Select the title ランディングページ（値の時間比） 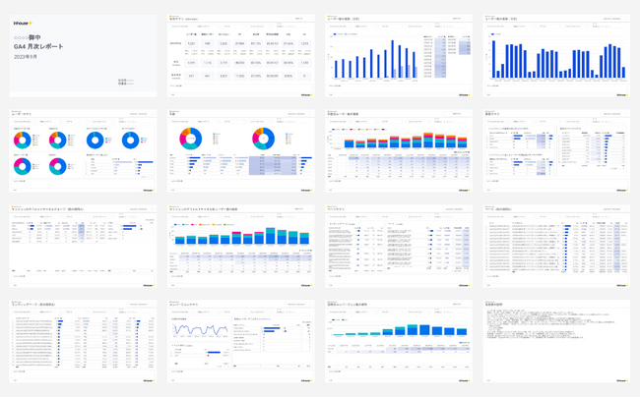click(x=33, y=305)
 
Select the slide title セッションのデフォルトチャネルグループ click(x=44, y=208)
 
